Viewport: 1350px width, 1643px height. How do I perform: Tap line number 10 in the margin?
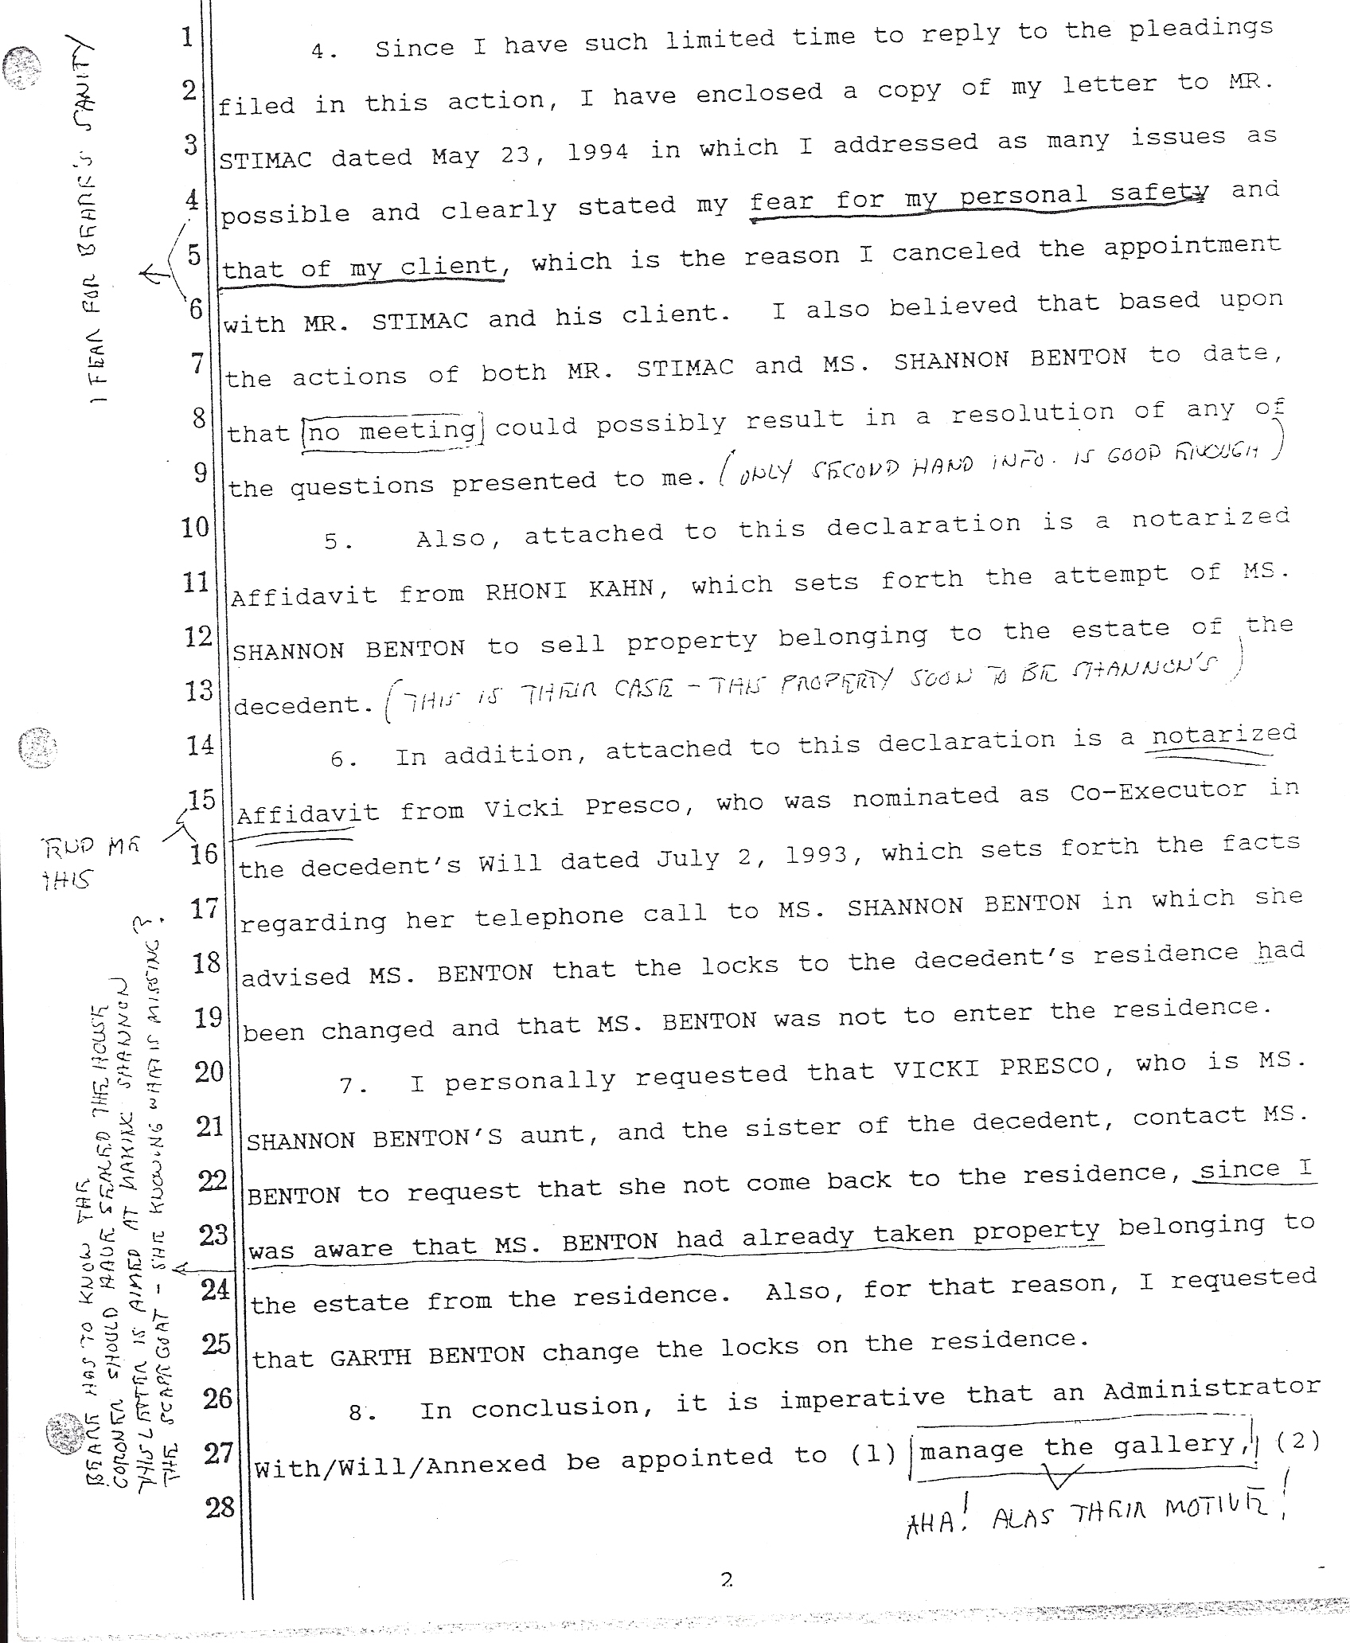point(194,526)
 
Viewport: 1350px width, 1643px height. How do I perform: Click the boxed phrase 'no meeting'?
point(392,431)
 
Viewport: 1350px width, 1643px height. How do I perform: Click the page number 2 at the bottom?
point(726,1579)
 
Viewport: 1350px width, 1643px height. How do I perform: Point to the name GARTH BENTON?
point(427,1354)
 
